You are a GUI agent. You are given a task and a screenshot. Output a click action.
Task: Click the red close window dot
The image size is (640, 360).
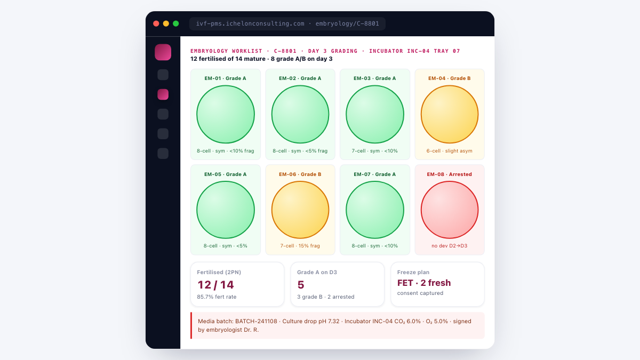click(x=156, y=23)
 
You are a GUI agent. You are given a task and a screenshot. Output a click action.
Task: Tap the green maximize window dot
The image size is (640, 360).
click(x=176, y=23)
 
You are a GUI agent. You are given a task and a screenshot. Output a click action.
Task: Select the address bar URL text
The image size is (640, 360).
click(x=287, y=23)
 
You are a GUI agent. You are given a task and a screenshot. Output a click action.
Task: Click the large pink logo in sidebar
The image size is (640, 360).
click(x=163, y=52)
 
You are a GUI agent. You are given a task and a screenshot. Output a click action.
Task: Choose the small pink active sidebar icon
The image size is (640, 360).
click(x=163, y=94)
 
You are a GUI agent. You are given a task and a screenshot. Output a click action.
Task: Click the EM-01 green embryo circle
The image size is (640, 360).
click(x=226, y=114)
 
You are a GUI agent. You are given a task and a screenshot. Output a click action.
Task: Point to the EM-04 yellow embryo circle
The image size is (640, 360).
click(x=450, y=114)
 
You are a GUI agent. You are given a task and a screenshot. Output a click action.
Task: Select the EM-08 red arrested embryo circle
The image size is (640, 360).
click(x=450, y=210)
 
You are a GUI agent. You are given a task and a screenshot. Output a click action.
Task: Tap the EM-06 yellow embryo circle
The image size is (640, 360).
click(x=300, y=210)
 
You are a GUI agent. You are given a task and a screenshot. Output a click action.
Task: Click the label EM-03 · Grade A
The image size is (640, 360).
click(x=374, y=78)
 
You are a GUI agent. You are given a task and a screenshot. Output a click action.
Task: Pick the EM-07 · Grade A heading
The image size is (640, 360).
click(x=374, y=174)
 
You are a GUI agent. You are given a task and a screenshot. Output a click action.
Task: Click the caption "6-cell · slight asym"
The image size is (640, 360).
click(x=450, y=151)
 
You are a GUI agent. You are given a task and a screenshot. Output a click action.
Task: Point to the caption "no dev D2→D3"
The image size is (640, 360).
click(x=450, y=246)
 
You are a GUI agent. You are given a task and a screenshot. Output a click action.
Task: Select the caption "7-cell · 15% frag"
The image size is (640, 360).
click(x=300, y=246)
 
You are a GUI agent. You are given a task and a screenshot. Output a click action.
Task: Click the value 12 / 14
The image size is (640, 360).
click(x=215, y=285)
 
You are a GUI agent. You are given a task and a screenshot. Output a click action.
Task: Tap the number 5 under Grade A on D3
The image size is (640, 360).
click(x=301, y=285)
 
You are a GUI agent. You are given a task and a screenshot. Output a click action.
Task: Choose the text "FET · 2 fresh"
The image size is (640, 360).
click(x=424, y=283)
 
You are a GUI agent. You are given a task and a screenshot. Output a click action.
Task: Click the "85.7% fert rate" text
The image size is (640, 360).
click(x=217, y=297)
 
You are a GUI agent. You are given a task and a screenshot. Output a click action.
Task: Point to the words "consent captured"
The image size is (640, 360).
click(x=420, y=293)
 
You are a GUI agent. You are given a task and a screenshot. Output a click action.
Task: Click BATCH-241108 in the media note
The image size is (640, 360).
click(x=256, y=321)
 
